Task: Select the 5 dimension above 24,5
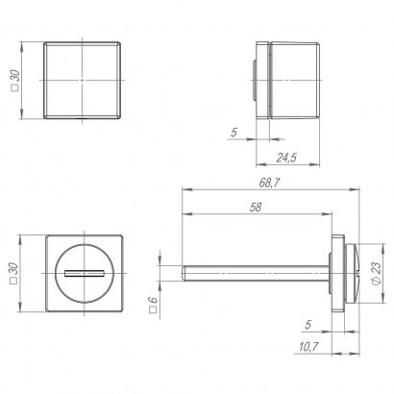coord(234,134)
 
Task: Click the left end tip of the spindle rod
coord(182,272)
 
